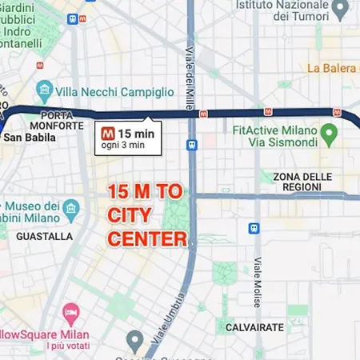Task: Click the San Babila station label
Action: coord(29,137)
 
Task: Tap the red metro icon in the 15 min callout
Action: coord(107,134)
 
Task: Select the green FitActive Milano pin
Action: coord(328,131)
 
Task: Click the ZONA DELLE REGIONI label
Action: coord(302,182)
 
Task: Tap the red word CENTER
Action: coord(147,238)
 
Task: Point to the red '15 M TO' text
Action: coord(146,192)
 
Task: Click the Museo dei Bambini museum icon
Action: coord(72,210)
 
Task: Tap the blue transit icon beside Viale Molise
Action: coord(254,228)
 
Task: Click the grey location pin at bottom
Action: coord(134,342)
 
